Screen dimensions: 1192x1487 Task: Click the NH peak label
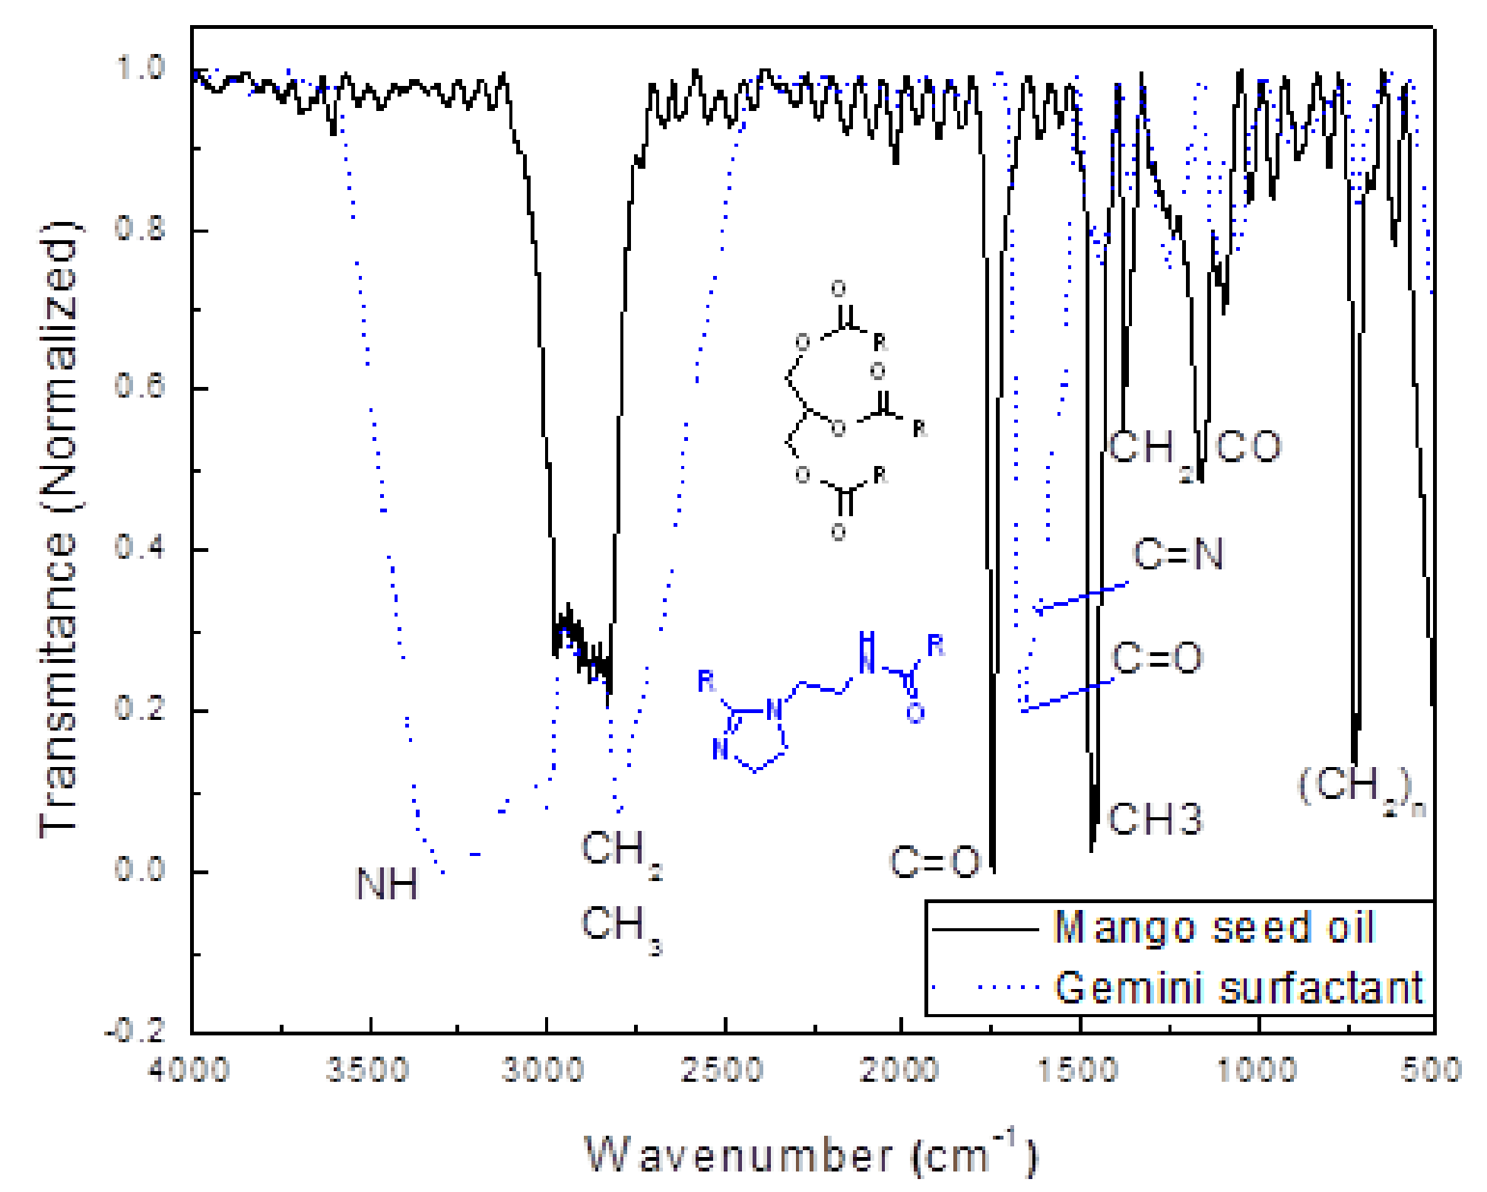pos(387,884)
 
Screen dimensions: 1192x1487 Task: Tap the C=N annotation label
pos(1178,554)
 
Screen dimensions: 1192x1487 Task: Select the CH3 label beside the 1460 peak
pos(1156,819)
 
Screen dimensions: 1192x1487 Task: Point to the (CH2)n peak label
pos(1360,788)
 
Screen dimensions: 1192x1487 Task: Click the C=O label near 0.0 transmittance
pos(935,862)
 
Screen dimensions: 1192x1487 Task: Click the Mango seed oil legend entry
pos(1213,928)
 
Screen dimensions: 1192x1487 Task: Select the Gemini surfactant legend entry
pos(1238,988)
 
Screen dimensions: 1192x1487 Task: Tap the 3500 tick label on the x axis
pos(368,1070)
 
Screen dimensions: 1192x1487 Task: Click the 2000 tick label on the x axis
pos(899,1070)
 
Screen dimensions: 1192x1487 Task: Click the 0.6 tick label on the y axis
pos(140,386)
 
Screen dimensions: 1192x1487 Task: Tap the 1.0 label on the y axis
pos(140,68)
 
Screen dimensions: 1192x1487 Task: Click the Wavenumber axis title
pos(809,1154)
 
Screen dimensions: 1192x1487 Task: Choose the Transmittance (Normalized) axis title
pos(59,530)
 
